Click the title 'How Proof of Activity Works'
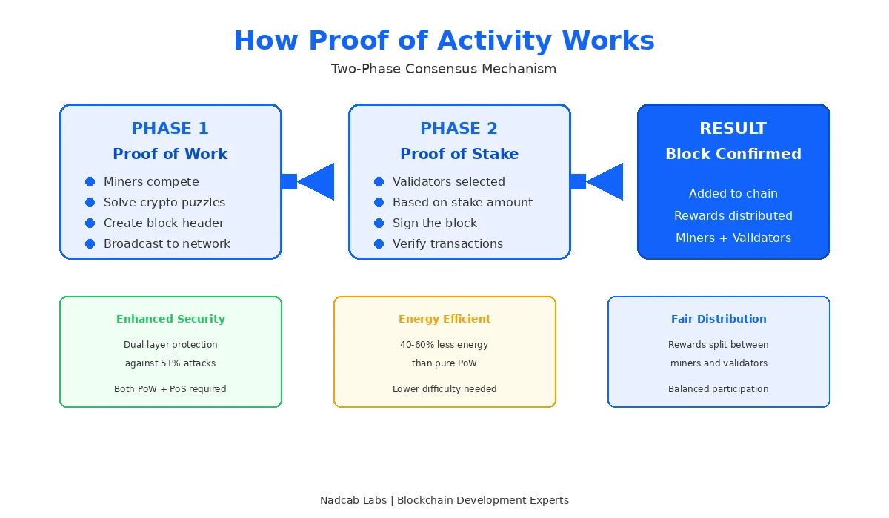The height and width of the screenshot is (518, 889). coord(444,41)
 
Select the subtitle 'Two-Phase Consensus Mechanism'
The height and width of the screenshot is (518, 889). coord(443,69)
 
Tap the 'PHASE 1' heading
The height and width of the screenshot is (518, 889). coord(170,129)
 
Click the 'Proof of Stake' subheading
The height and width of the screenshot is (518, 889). coord(459,154)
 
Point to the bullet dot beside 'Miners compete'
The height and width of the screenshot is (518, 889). coord(90,181)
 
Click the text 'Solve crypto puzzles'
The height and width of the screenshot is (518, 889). coord(164,202)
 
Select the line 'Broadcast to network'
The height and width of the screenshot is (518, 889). coord(167,243)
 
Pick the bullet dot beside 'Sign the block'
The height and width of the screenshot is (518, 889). coord(379,223)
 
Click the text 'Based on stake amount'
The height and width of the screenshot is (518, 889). coord(462,202)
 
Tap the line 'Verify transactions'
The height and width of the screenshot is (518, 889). coord(447,243)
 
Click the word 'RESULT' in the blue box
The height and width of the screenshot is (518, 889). coord(733,129)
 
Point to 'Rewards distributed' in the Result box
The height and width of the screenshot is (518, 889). coord(733,215)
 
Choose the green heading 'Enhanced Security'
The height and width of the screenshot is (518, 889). coord(170,319)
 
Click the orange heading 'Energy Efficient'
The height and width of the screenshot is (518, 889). coord(444,319)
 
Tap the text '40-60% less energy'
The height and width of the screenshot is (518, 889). coord(444,345)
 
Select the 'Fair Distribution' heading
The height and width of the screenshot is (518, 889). coord(719,319)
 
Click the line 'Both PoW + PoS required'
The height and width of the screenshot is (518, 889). coord(170,389)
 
